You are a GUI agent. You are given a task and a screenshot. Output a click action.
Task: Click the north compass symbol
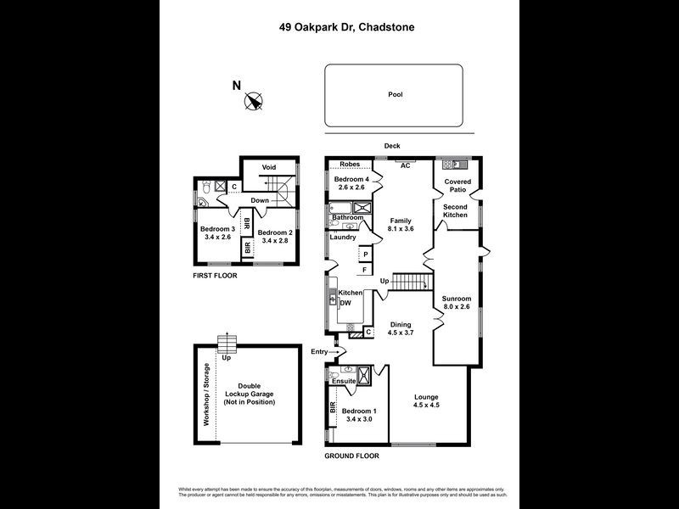(252, 102)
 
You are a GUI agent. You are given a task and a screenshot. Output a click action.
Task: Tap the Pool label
(395, 95)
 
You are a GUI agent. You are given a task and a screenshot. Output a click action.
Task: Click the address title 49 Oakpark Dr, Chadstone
(348, 27)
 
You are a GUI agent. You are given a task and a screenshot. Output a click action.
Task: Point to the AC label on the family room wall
(406, 165)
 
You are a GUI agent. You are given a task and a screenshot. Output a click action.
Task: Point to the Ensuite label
(344, 382)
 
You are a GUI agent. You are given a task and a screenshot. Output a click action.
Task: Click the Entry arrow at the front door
(338, 351)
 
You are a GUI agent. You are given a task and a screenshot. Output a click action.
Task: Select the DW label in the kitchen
(345, 303)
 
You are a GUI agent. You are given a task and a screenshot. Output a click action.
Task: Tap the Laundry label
(343, 237)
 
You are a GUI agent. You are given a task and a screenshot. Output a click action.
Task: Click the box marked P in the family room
(365, 254)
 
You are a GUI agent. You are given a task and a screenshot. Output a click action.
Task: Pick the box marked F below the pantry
(365, 270)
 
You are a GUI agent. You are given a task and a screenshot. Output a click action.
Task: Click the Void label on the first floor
(269, 167)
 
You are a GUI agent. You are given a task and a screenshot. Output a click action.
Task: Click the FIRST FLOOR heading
(214, 276)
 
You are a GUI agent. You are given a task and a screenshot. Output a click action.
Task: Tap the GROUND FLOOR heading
(351, 456)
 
